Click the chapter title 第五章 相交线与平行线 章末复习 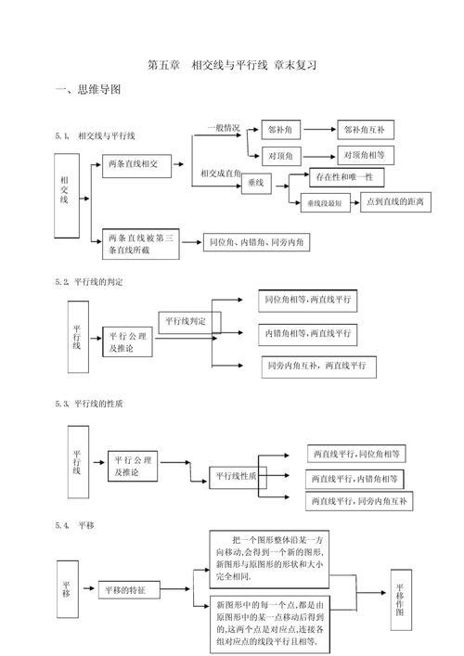coord(232,65)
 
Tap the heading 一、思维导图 coord(88,89)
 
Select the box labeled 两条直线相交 coord(139,164)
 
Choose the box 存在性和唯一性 coord(335,176)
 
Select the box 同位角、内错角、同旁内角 coord(255,243)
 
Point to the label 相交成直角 coord(220,173)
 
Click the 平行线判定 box coord(186,322)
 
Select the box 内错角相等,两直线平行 coord(306,332)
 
